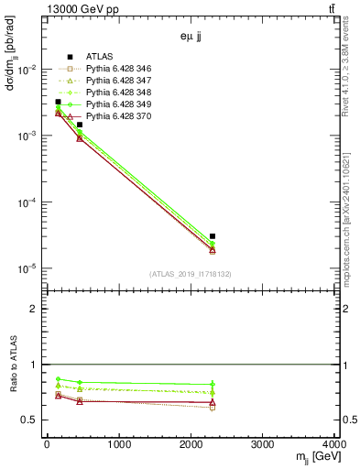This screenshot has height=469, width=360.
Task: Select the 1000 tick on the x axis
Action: click(118, 445)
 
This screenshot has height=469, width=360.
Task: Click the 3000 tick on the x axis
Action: click(264, 445)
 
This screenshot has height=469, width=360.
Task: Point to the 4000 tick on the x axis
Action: click(335, 445)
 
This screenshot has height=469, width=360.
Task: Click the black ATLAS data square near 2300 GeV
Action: click(213, 236)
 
